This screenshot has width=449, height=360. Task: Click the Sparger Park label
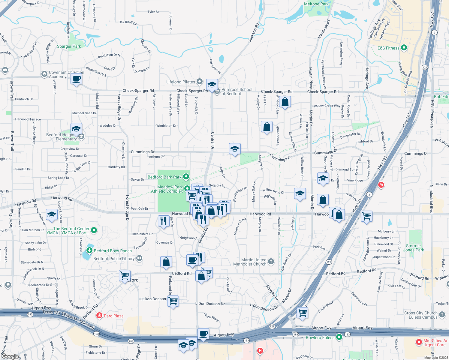pyautogui.click(x=69, y=46)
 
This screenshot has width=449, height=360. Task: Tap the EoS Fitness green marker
pyautogui.click(x=404, y=48)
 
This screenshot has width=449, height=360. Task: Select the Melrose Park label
pyautogui.click(x=316, y=4)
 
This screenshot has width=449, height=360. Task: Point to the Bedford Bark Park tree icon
pyautogui.click(x=186, y=177)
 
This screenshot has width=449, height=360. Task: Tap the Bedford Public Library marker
pyautogui.click(x=139, y=258)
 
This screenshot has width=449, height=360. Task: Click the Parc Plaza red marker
pyautogui.click(x=99, y=316)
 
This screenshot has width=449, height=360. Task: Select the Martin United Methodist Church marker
pyautogui.click(x=271, y=262)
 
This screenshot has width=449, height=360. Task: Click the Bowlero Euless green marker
pyautogui.click(x=339, y=337)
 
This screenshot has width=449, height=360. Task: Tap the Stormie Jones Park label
pyautogui.click(x=413, y=248)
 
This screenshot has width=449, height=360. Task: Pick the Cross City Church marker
pyautogui.click(x=442, y=315)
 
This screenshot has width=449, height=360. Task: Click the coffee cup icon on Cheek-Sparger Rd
pyautogui.click(x=77, y=79)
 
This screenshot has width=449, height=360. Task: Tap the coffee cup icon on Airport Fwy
pyautogui.click(x=203, y=334)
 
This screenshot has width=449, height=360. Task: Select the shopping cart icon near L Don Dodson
pyautogui.click(x=173, y=301)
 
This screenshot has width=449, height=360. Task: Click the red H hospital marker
pyautogui.click(x=260, y=350)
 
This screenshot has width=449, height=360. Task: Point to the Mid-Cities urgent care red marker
pyautogui.click(x=419, y=342)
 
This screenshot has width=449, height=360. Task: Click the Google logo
pyautogui.click(x=10, y=356)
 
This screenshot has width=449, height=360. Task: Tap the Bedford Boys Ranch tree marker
pyautogui.click(x=89, y=250)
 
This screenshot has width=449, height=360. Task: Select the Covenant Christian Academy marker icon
pyautogui.click(x=44, y=74)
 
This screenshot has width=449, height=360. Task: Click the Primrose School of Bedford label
pyautogui.click(x=237, y=91)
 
